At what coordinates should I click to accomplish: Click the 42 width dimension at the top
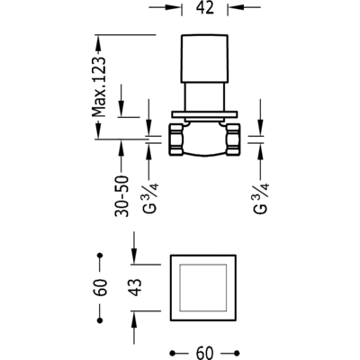pos(205,7)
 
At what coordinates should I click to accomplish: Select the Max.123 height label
pos(99,86)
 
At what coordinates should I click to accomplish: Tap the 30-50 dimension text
pos(121,196)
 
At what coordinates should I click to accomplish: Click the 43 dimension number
pos(136,287)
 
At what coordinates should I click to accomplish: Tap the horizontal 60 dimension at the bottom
pos(205,353)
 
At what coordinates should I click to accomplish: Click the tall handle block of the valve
pos(204,58)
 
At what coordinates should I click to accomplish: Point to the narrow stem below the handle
pos(204,97)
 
